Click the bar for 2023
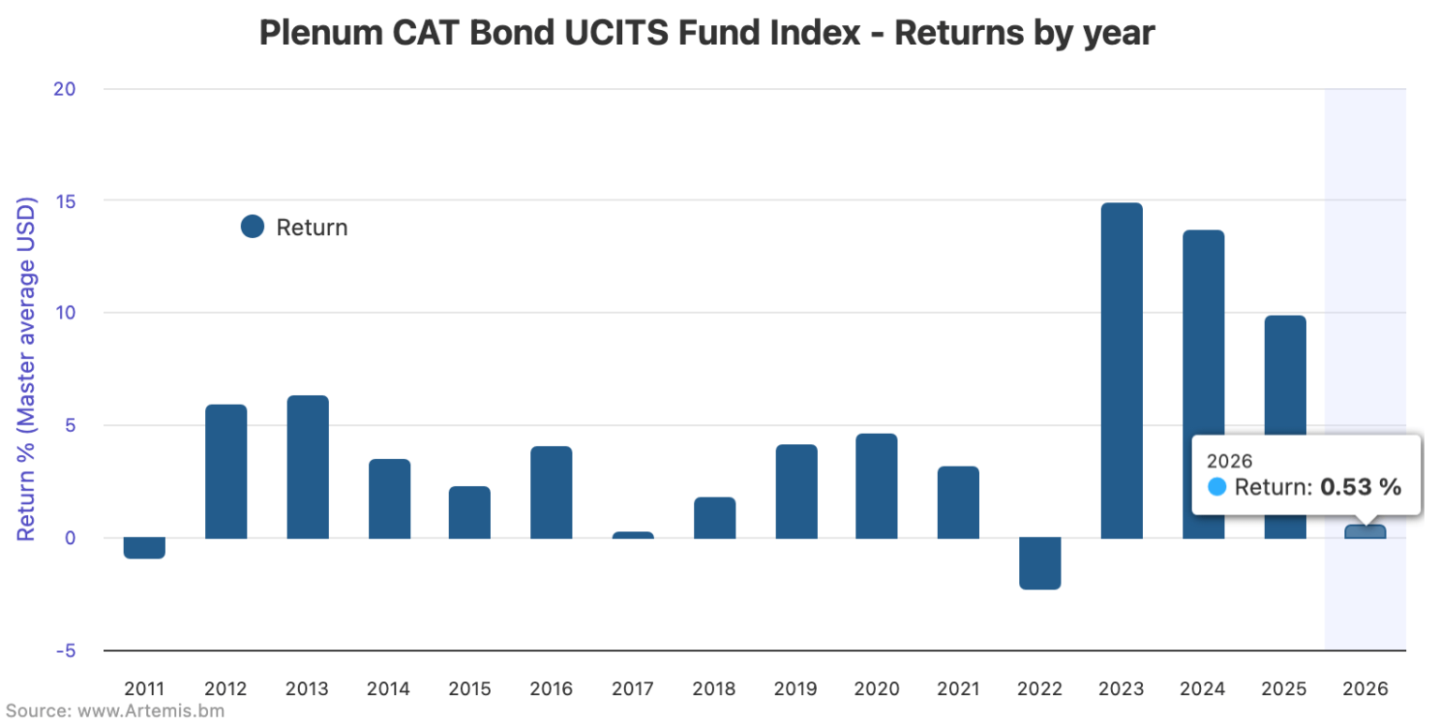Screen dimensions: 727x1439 pyautogui.click(x=1121, y=370)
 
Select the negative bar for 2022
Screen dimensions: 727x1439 pyautogui.click(x=1040, y=563)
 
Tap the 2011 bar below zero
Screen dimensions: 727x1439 pyautogui.click(x=144, y=547)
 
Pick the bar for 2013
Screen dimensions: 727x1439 pyautogui.click(x=307, y=467)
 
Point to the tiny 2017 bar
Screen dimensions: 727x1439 pyautogui.click(x=633, y=535)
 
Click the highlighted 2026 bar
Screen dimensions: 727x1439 pyautogui.click(x=1365, y=531)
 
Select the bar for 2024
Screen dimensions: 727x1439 pyautogui.click(x=1203, y=384)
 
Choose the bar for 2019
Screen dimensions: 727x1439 pyautogui.click(x=796, y=491)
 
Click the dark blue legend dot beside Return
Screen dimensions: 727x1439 pyautogui.click(x=252, y=227)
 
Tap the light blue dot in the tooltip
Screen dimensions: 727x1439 pyautogui.click(x=1217, y=487)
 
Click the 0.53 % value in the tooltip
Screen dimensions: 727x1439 pyautogui.click(x=1360, y=487)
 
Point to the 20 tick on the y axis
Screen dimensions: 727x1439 pyautogui.click(x=64, y=89)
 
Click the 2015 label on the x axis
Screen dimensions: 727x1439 pyautogui.click(x=469, y=689)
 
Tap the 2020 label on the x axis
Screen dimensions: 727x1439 pyautogui.click(x=877, y=689)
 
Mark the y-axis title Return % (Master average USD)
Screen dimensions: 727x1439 pyautogui.click(x=26, y=369)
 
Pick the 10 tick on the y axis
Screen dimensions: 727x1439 pyautogui.click(x=64, y=313)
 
